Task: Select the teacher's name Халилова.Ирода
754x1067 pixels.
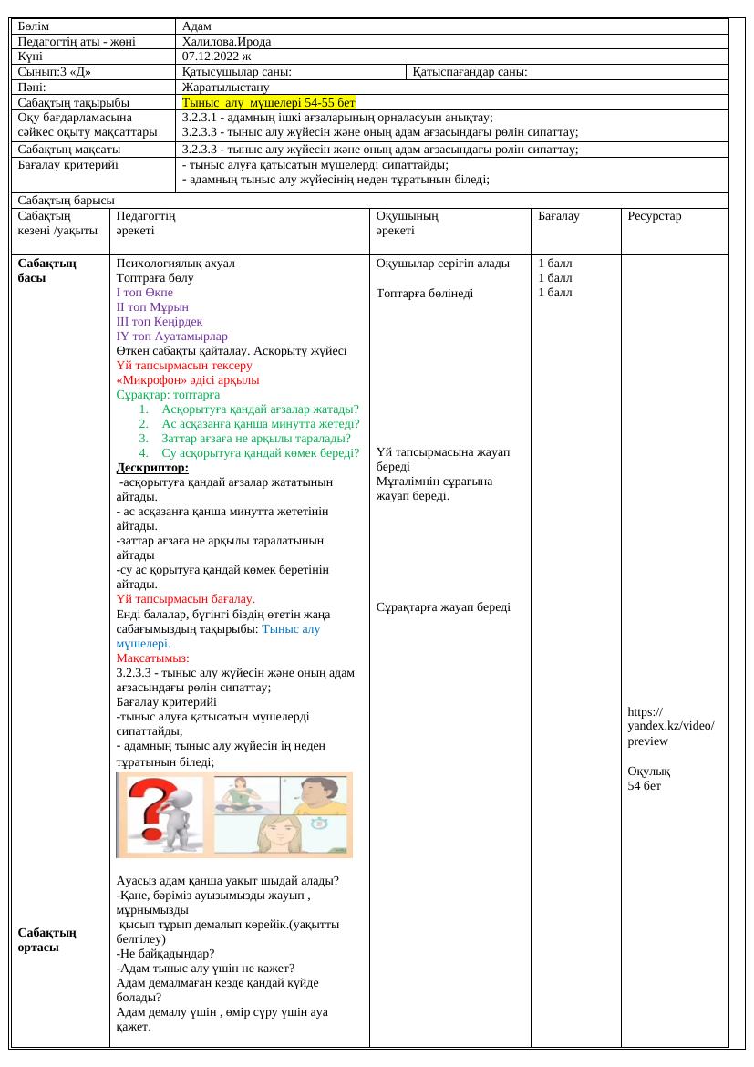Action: pos(226,41)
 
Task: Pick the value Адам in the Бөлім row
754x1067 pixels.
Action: pos(197,26)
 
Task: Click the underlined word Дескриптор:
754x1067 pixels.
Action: pos(152,468)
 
